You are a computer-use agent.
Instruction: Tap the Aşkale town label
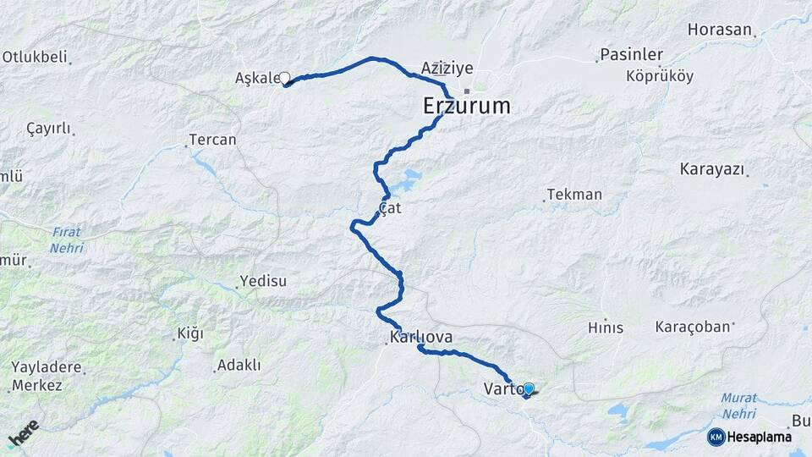click(256, 79)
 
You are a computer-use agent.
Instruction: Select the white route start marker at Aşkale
click(285, 78)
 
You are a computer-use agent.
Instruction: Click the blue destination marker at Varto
click(529, 389)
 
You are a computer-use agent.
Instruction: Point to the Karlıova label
click(421, 337)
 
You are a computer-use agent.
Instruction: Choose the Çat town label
click(389, 206)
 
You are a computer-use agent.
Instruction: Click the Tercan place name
click(212, 140)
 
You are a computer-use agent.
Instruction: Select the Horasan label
click(719, 30)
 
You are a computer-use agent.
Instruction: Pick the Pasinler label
click(631, 54)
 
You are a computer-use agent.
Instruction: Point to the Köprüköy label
click(660, 76)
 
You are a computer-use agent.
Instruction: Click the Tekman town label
click(574, 195)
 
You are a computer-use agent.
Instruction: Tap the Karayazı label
click(711, 169)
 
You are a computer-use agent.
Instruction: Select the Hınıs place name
click(605, 328)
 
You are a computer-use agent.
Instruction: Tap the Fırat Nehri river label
click(66, 240)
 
